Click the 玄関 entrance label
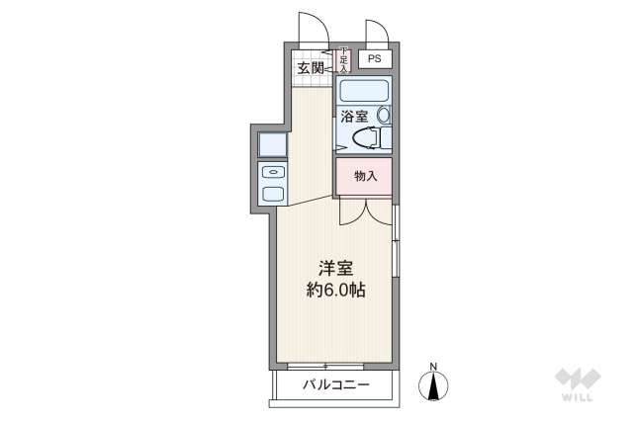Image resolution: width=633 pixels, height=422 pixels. pos(311,68)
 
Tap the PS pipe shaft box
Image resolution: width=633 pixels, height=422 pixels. pos(374,59)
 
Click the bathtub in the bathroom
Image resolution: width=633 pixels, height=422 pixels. pos(364,92)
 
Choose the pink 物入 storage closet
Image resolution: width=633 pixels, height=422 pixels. pos(364,176)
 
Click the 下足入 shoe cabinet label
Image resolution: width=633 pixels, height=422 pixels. pos(343,60)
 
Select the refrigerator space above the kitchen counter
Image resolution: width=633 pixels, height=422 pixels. pos(272,144)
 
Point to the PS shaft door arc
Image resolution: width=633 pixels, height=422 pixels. pos(377,33)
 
